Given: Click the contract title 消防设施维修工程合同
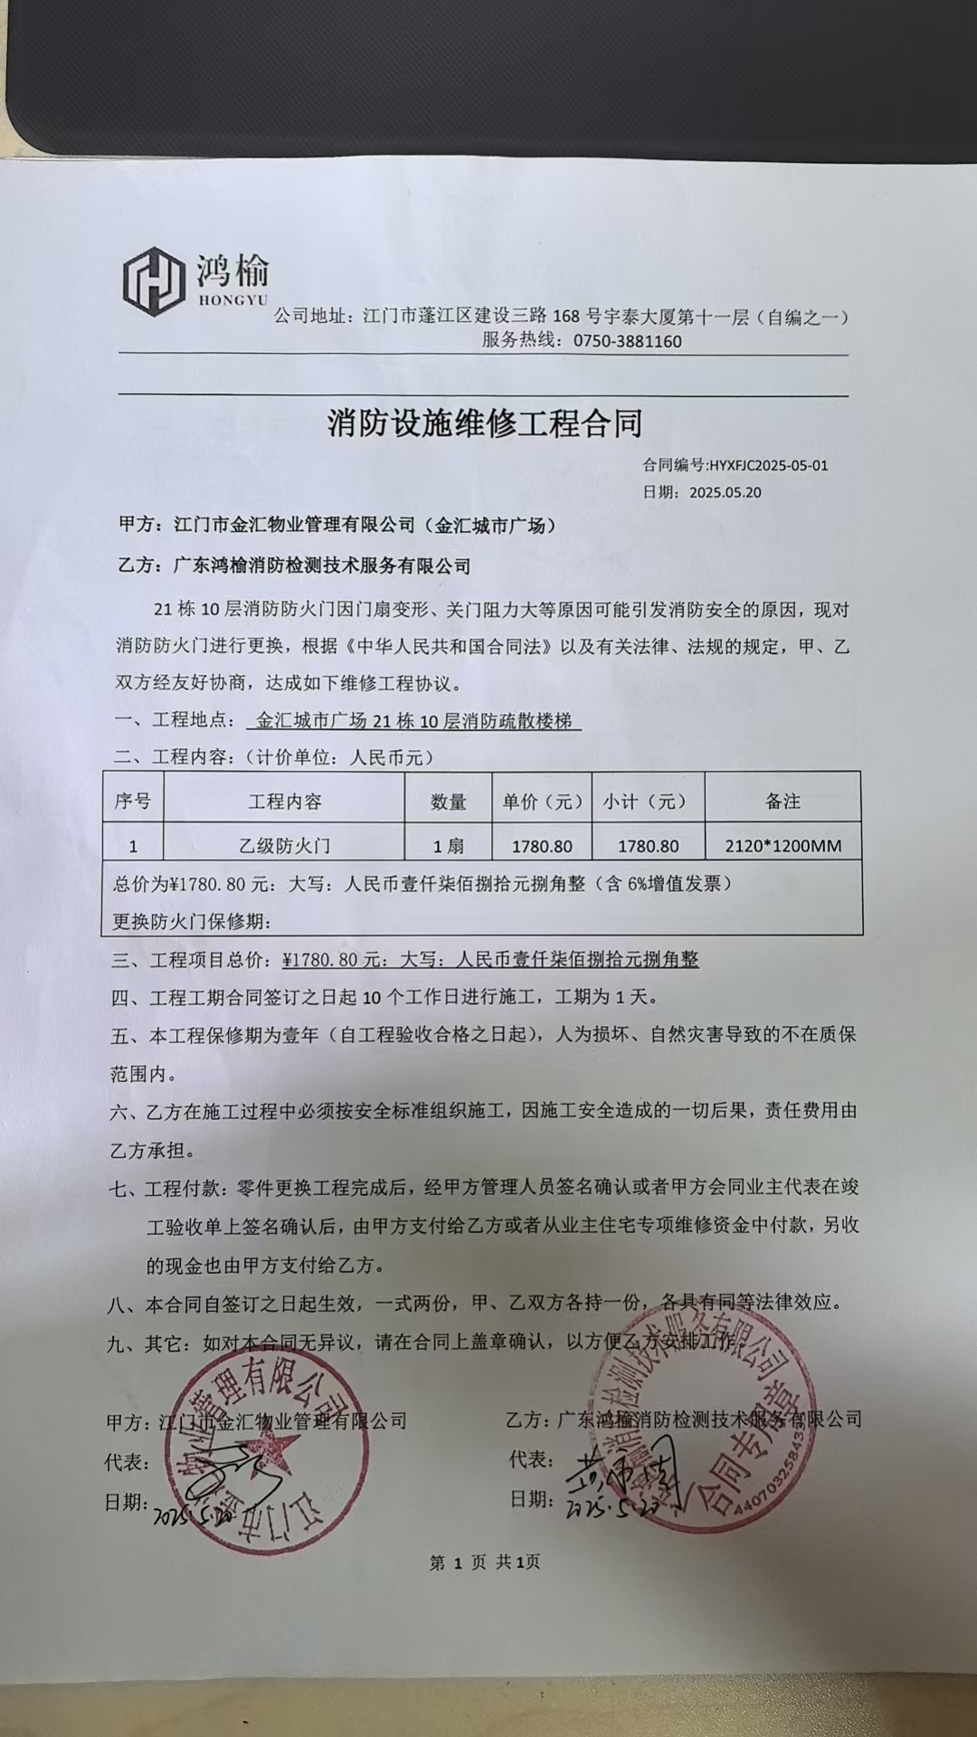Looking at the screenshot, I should (485, 423).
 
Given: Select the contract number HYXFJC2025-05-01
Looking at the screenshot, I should (769, 466).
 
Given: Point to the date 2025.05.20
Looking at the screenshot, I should (725, 493).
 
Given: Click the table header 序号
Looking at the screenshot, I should (132, 802).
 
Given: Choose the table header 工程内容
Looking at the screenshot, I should (284, 802).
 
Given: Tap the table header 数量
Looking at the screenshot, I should (448, 802).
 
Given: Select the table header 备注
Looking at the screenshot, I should (783, 802).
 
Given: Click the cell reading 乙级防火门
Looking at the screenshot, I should (284, 847).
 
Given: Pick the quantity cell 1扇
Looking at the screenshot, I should (448, 847).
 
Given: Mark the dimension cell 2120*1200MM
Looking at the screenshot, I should (783, 847).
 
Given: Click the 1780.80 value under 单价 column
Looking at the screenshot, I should (542, 847).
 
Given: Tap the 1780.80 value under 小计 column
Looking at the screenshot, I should (648, 847).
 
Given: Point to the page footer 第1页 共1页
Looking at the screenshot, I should (485, 1562).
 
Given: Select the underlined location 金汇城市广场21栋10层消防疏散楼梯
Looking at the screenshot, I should (413, 721).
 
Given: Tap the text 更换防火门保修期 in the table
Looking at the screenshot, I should (191, 922).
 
